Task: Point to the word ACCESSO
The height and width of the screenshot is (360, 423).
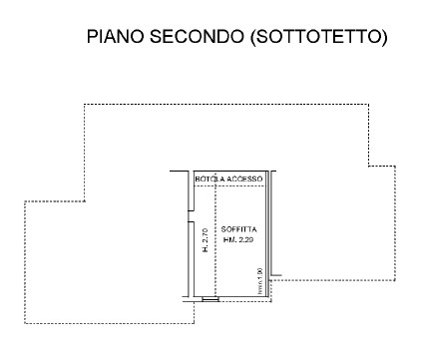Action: coord(244,178)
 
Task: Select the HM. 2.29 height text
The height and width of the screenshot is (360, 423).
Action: coord(240,238)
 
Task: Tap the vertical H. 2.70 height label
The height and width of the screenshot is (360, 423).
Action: coord(205,240)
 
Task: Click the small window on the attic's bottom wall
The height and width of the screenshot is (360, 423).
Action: coord(210,298)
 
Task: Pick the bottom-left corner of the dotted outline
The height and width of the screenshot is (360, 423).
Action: coord(24,322)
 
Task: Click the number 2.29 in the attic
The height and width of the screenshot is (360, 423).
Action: coord(248,238)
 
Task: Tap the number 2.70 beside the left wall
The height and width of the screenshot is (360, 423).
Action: coord(205,234)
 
